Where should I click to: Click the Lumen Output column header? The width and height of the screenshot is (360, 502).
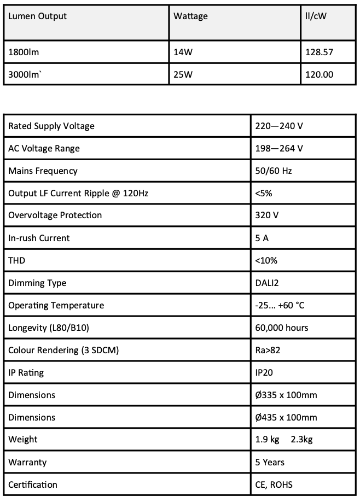point(37,16)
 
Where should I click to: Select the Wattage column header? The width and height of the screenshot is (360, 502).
point(190,16)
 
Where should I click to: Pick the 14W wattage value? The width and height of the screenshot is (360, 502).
point(183,52)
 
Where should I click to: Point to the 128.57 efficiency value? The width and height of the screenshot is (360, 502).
point(320,52)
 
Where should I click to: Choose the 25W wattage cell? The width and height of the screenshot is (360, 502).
point(183,74)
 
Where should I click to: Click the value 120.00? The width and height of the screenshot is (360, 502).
point(320,74)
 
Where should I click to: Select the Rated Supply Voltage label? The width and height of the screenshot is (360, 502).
point(51,126)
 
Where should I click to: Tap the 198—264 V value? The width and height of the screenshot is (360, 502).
point(279,149)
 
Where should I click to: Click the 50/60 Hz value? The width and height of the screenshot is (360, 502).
point(274,171)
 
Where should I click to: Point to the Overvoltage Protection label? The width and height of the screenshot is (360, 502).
point(55,215)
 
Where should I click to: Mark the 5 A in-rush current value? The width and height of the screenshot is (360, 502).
point(262,238)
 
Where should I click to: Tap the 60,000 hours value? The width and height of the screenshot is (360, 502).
point(282,328)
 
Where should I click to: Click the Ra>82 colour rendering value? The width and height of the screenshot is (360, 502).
point(268,351)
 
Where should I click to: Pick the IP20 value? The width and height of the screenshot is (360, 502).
point(264,373)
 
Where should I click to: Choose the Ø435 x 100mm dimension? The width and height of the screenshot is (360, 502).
point(286,418)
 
